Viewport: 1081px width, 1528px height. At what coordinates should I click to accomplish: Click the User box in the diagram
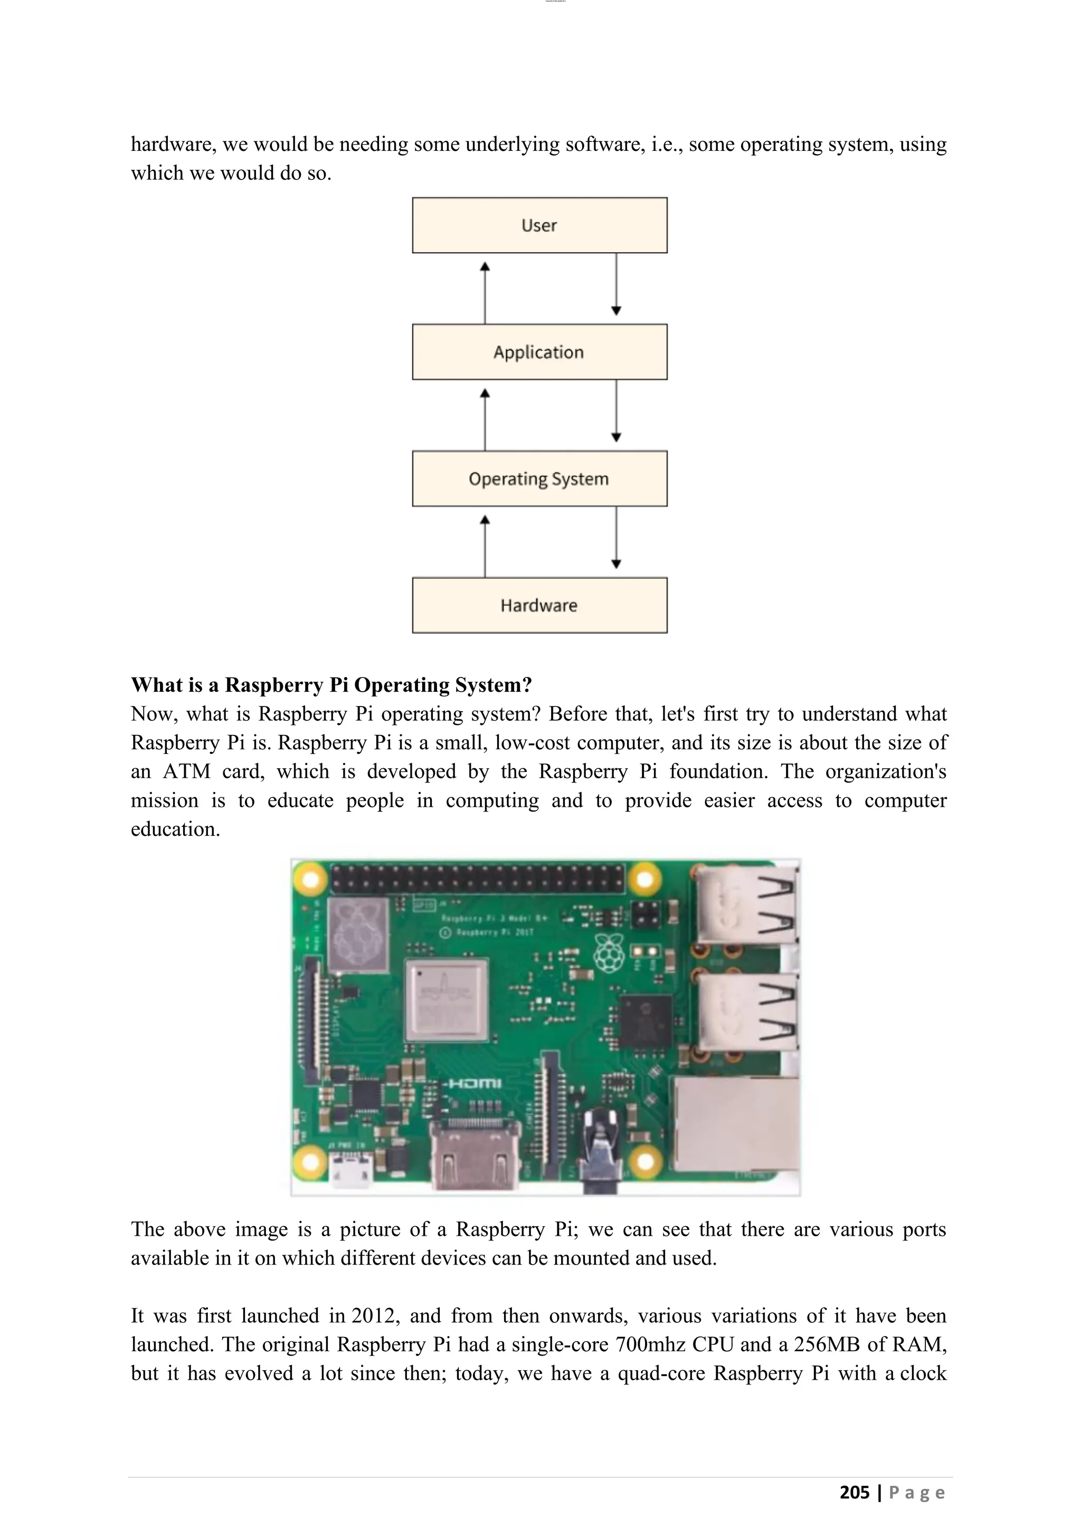539,225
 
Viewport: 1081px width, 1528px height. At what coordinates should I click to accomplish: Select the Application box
539,352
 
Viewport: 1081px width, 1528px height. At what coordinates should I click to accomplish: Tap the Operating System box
539,479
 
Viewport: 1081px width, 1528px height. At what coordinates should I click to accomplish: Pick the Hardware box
539,605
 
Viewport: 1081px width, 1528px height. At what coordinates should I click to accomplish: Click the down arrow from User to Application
617,284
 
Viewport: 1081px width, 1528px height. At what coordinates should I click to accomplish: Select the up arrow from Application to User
485,292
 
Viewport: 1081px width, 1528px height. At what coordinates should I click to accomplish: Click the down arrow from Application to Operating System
617,410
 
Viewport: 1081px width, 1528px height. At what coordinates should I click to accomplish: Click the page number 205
855,1492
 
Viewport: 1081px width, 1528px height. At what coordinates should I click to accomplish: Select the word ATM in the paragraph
186,771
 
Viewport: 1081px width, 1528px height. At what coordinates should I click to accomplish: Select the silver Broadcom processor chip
447,999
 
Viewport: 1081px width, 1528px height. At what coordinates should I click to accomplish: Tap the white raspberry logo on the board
609,953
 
